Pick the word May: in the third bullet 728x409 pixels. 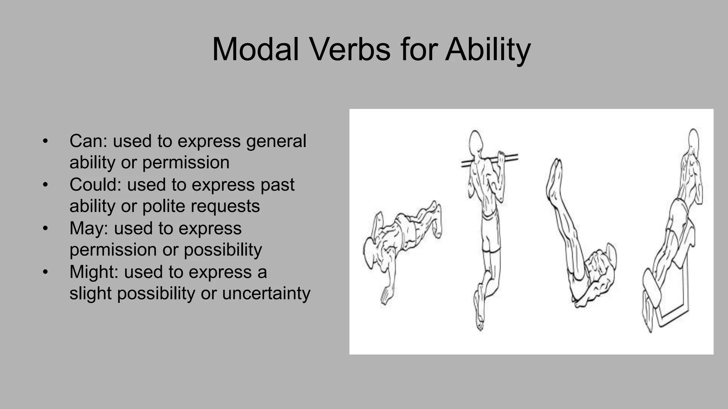(89, 228)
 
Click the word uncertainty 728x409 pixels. (266, 294)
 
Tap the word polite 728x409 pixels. (164, 206)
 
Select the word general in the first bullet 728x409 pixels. (276, 141)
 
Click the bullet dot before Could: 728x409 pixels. (45, 185)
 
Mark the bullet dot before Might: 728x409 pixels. (45, 272)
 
